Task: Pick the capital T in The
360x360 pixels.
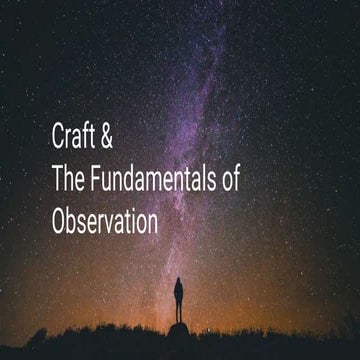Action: click(x=57, y=179)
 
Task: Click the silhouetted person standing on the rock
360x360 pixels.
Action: click(x=179, y=300)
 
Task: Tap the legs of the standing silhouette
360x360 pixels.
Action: click(x=179, y=313)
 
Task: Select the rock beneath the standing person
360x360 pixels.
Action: click(x=178, y=329)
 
